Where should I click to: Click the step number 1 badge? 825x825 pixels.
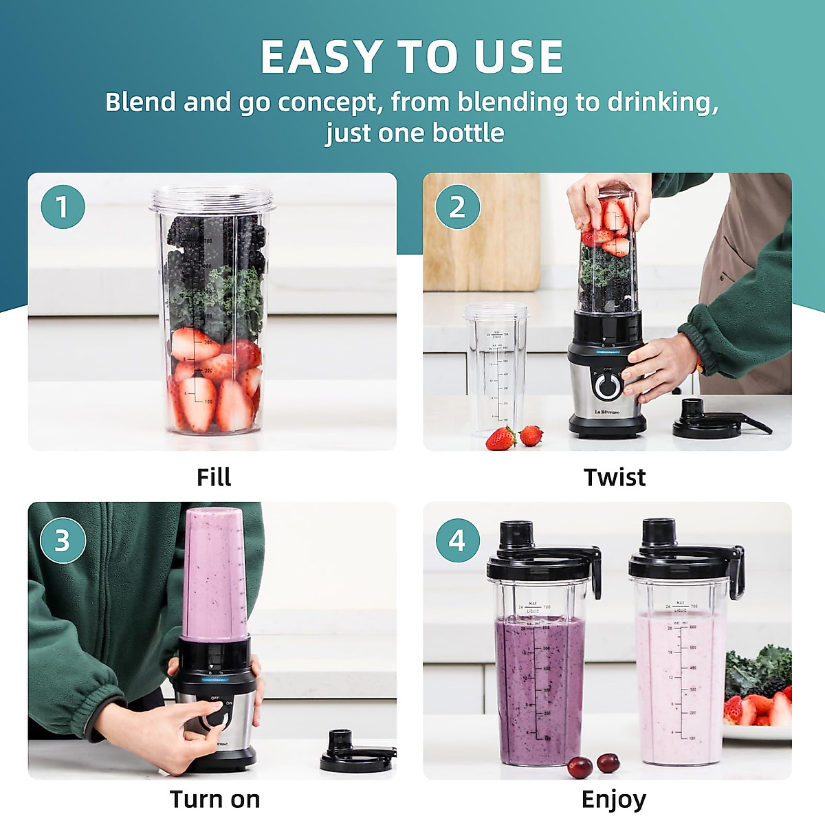point(63,207)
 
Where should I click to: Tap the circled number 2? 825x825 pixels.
point(457,207)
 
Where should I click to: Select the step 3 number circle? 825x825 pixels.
point(63,541)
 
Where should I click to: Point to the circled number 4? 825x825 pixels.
point(457,541)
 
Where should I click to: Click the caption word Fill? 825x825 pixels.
point(213,477)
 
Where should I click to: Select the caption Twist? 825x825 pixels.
point(614,477)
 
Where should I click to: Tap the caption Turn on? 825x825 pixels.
point(214,800)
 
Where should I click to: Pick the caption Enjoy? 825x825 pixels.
point(613,800)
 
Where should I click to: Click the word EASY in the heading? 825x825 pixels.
point(320,57)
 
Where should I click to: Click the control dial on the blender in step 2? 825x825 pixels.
point(607,386)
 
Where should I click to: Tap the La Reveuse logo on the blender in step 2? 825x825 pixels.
point(606,412)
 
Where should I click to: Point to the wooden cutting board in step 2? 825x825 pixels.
point(481,234)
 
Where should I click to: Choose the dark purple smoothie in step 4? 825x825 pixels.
point(540,687)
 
